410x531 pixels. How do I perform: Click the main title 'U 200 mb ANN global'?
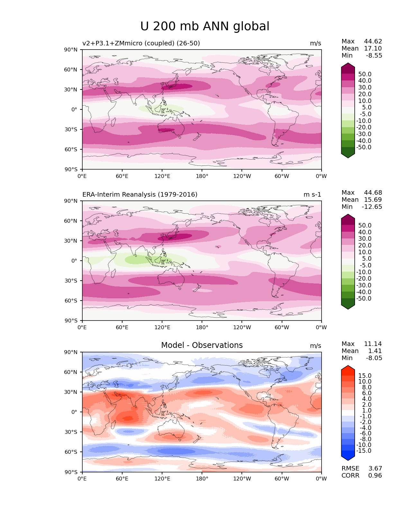click(x=205, y=26)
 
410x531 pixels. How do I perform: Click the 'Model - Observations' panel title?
click(x=202, y=345)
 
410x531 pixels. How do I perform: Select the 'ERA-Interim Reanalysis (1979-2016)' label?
click(x=140, y=194)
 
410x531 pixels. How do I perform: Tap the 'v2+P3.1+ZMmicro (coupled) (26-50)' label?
click(x=141, y=43)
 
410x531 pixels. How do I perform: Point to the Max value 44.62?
click(x=373, y=41)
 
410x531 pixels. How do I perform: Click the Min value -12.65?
click(x=372, y=207)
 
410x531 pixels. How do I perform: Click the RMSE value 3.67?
click(x=375, y=468)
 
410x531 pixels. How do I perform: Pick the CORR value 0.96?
click(x=375, y=475)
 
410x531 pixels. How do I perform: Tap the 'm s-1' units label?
click(x=312, y=194)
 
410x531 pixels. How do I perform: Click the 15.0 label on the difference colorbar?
click(x=365, y=376)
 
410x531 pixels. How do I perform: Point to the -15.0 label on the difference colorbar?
click(x=364, y=451)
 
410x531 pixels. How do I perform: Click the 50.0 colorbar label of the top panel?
click(x=365, y=74)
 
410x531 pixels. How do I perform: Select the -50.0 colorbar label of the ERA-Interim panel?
click(x=364, y=298)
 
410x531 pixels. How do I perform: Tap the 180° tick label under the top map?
click(x=202, y=176)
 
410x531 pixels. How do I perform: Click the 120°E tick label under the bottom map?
click(x=162, y=479)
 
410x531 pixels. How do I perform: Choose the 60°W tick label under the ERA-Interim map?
click(x=282, y=327)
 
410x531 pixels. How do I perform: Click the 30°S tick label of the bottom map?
click(x=71, y=432)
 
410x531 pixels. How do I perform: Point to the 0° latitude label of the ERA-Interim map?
click(x=74, y=261)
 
